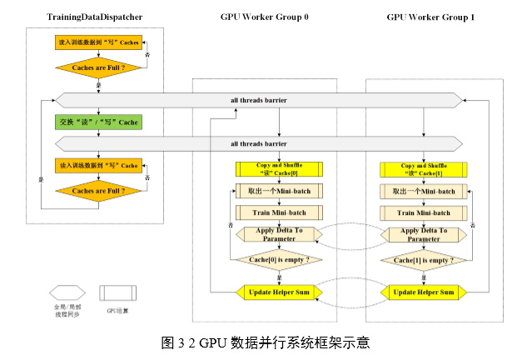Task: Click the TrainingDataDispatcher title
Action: tap(93, 16)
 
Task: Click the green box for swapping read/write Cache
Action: tap(97, 122)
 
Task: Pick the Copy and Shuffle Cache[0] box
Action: tap(279, 169)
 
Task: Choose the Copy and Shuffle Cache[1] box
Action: tap(423, 169)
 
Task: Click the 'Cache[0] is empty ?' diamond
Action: tap(279, 260)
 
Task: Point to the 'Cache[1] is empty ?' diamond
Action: tap(423, 260)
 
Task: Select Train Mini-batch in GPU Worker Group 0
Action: tap(279, 212)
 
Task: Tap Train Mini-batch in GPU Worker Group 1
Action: tap(423, 212)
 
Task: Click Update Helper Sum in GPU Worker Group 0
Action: tap(279, 292)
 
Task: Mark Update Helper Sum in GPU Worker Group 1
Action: tap(423, 292)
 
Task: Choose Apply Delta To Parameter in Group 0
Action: tap(279, 234)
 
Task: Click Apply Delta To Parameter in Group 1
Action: tap(423, 234)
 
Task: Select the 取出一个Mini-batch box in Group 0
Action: tap(279, 191)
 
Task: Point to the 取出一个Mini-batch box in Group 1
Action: tap(423, 191)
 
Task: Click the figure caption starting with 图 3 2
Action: tap(265, 342)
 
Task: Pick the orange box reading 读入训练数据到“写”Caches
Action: tap(97, 41)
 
